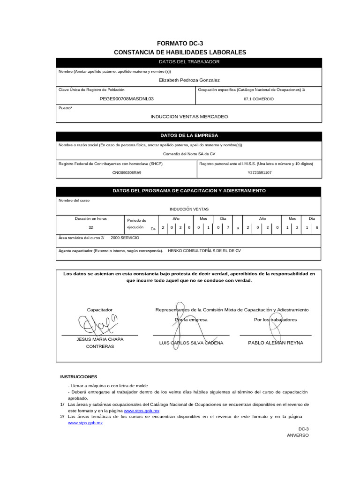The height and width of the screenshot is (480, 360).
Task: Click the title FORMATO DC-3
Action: click(180, 43)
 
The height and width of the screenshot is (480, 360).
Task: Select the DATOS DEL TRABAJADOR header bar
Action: click(189, 62)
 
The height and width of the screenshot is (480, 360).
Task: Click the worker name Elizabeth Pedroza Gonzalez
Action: click(189, 80)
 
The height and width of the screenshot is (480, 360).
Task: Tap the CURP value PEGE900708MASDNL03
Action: click(127, 99)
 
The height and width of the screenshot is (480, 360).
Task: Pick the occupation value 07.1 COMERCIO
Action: click(258, 99)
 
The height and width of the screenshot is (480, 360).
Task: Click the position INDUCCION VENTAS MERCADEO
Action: click(189, 116)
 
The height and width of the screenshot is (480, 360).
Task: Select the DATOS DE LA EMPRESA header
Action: click(189, 135)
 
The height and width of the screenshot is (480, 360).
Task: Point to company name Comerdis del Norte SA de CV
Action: click(189, 154)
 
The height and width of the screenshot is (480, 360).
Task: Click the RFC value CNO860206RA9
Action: click(127, 172)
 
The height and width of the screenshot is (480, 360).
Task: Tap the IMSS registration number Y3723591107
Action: click(259, 172)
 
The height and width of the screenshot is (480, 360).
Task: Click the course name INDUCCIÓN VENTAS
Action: click(189, 209)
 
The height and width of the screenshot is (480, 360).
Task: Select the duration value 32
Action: click(91, 227)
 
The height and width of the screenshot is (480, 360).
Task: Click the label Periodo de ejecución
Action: click(137, 224)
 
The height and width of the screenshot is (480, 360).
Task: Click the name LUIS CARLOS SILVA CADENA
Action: click(191, 343)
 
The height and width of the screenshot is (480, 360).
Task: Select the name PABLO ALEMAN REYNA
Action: click(275, 343)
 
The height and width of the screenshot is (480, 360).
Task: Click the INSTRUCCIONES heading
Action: click(79, 376)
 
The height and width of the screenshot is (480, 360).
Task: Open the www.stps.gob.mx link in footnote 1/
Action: click(141, 410)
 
